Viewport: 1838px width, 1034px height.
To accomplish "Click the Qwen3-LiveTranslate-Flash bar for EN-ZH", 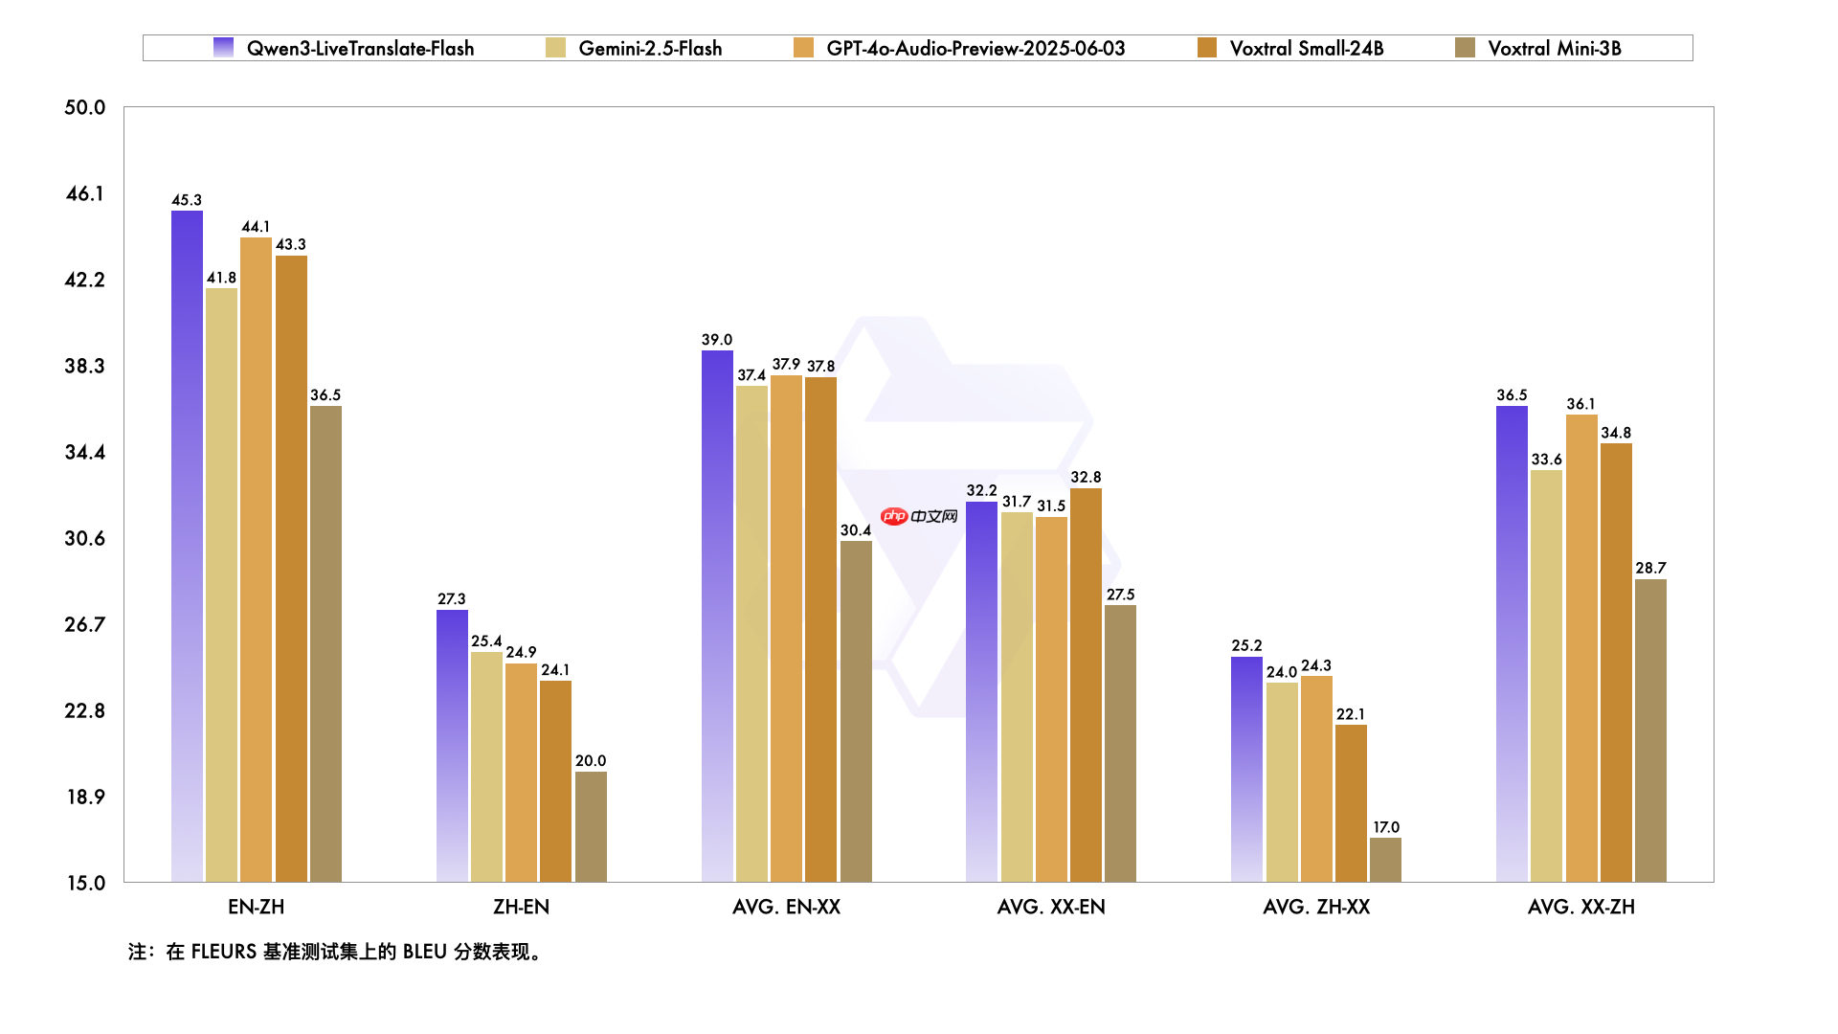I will tap(187, 546).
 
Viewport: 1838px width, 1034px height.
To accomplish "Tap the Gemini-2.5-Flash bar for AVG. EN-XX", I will tap(751, 633).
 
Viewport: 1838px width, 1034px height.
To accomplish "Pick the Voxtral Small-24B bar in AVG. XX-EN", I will tap(1086, 685).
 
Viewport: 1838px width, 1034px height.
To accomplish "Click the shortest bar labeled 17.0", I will tap(1385, 860).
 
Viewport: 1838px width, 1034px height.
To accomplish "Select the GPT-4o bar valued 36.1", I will tap(1581, 647).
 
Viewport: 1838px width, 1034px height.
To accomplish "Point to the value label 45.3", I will tap(187, 200).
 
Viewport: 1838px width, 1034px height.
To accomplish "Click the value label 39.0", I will tap(716, 340).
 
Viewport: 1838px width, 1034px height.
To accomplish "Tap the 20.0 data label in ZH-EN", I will tap(591, 761).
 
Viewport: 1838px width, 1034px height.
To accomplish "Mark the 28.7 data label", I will tap(1650, 568).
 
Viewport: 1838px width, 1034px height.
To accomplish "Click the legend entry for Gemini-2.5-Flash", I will tap(650, 48).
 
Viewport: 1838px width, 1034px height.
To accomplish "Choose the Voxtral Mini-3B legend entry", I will tap(1554, 48).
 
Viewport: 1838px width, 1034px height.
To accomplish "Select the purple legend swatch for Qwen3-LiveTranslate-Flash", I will tap(223, 48).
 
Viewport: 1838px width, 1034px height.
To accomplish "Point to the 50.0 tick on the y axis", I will tap(84, 107).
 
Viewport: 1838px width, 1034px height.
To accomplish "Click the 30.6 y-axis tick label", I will tap(84, 538).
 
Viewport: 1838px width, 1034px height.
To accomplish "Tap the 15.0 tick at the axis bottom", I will tap(85, 883).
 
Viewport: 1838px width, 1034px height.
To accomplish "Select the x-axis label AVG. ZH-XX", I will tap(1316, 907).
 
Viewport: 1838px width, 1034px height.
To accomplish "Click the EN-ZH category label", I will tap(256, 907).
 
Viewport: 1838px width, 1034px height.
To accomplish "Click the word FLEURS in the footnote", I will tap(223, 952).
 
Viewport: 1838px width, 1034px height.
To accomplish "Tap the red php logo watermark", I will tap(894, 517).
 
